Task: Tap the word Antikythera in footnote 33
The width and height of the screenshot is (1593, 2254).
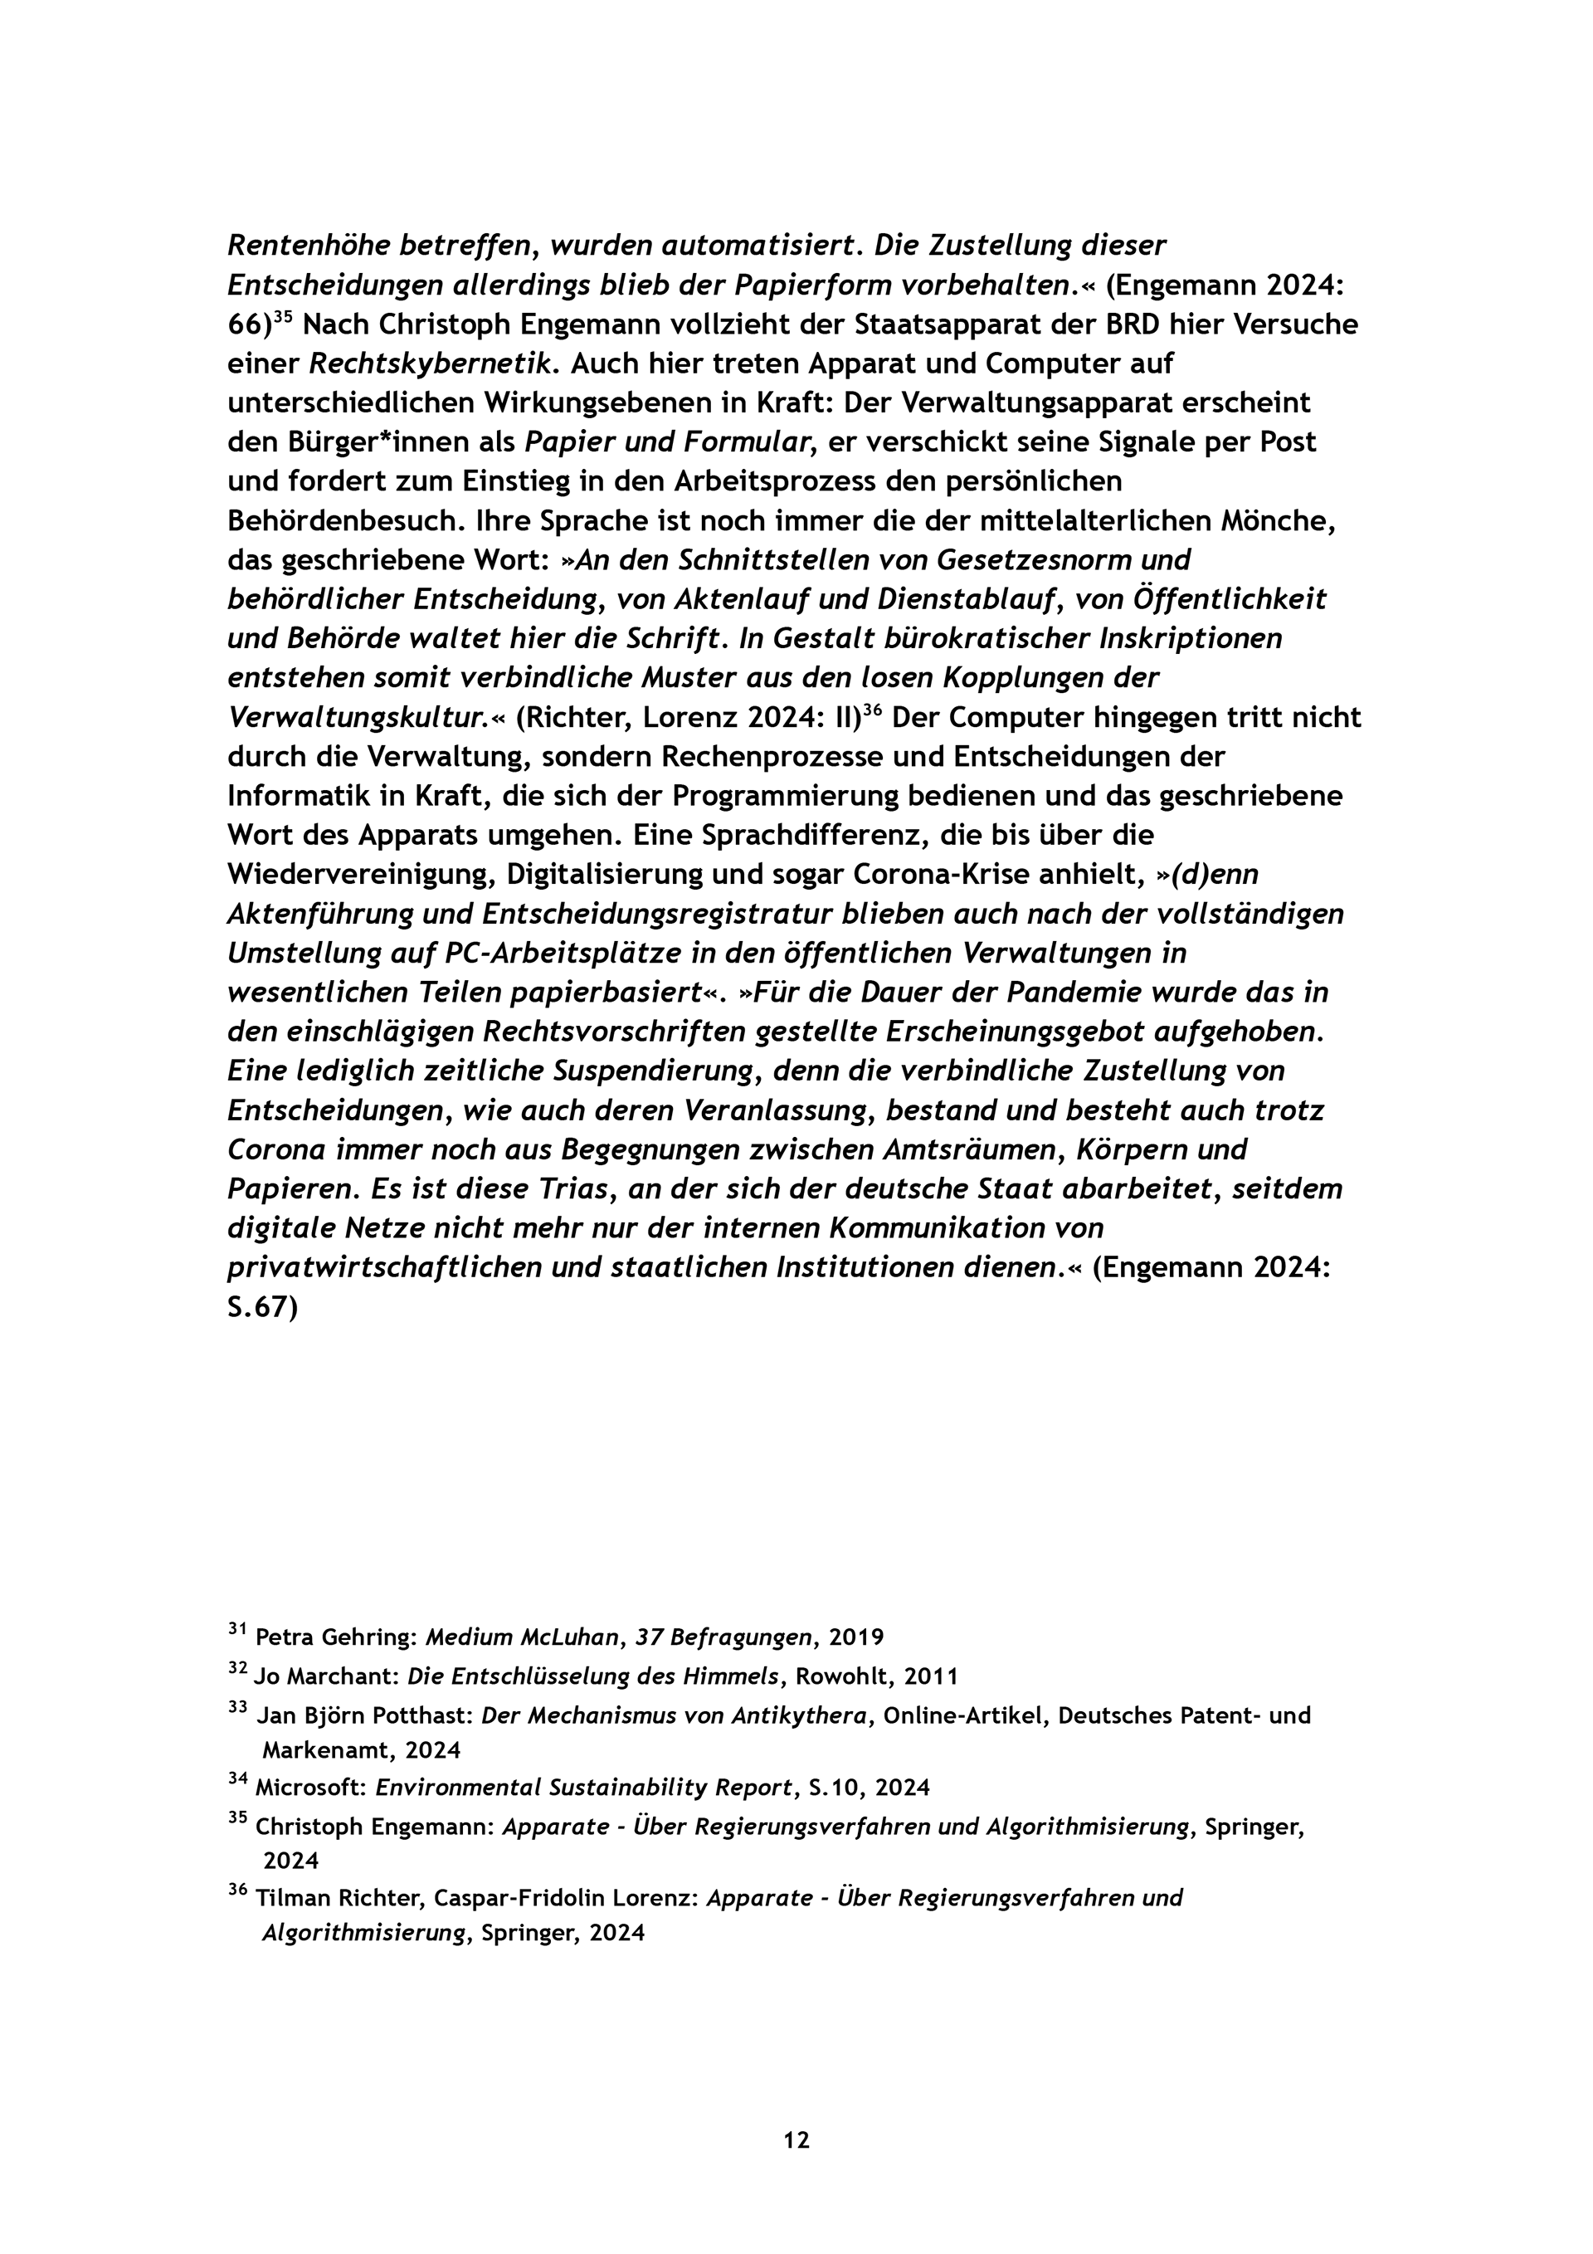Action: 806,1716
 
